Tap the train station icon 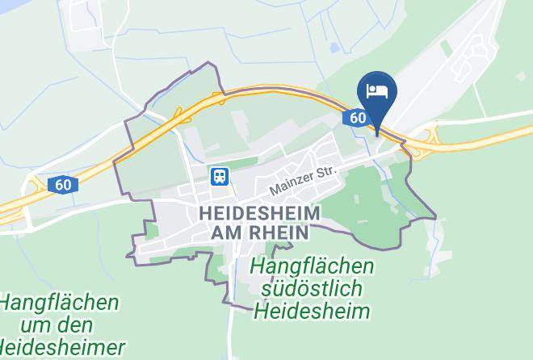click(218, 175)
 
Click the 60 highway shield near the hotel click(358, 118)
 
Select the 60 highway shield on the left click(63, 185)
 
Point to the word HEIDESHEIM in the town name click(258, 213)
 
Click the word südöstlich click(312, 288)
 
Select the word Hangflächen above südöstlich click(312, 266)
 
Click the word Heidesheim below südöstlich click(312, 311)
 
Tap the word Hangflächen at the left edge click(59, 303)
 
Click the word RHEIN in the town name click(279, 232)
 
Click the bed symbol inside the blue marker click(377, 91)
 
